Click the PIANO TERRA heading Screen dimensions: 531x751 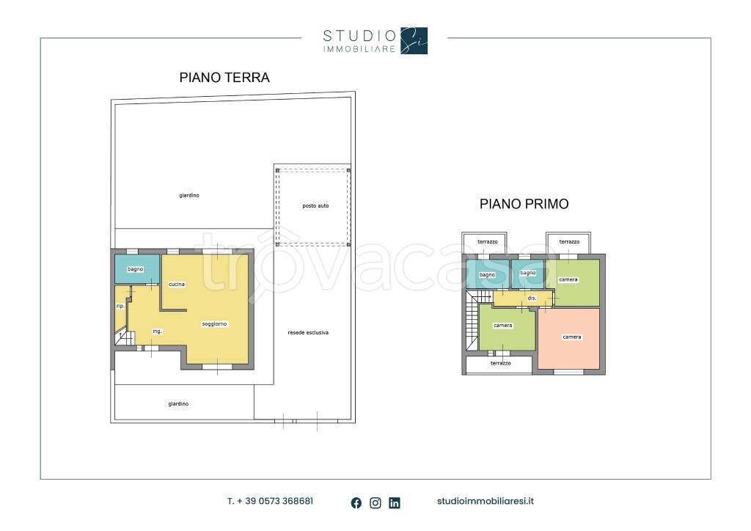point(224,77)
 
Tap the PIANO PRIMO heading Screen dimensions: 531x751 point(524,204)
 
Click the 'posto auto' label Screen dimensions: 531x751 point(315,206)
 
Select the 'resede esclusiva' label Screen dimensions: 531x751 point(308,332)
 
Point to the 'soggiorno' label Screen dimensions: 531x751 point(215,323)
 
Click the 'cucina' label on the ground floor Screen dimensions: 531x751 point(176,284)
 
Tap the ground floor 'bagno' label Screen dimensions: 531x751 point(136,269)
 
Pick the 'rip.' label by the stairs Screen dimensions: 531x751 point(120,306)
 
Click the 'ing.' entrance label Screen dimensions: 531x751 point(157,332)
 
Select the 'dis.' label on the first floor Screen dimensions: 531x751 point(532,299)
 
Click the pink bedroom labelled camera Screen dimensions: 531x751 point(571,337)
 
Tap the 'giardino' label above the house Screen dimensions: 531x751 point(189,195)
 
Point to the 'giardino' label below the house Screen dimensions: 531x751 point(178,403)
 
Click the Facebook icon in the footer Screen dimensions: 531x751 point(356,502)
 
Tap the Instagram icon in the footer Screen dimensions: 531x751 point(375,502)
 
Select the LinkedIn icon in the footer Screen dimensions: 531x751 point(395,502)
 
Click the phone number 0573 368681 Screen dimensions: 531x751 point(271,502)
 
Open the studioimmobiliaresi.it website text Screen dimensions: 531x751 point(485,502)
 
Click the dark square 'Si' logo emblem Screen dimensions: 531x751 point(414,41)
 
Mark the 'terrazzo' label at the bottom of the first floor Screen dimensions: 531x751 point(501,363)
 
